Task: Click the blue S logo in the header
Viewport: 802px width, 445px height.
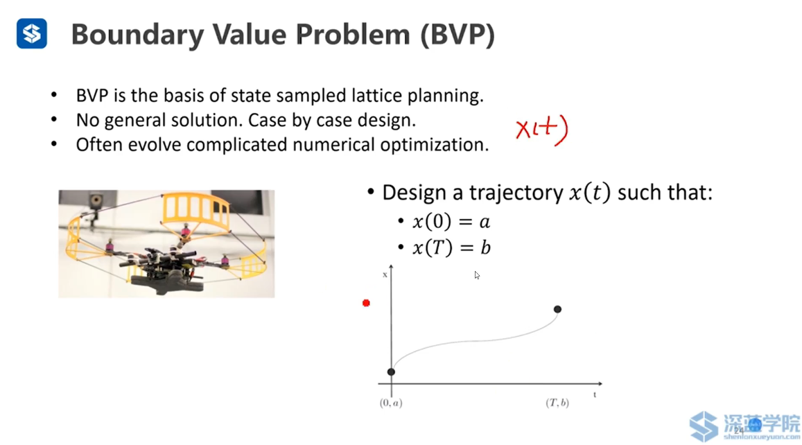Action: click(32, 34)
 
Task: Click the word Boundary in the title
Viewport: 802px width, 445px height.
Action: click(137, 35)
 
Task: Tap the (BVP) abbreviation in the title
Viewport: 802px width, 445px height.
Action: click(457, 35)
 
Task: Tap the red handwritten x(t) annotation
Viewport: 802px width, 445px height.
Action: click(541, 129)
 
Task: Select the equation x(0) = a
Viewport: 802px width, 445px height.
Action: click(451, 222)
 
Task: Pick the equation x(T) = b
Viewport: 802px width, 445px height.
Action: click(452, 248)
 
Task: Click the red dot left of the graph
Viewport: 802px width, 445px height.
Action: click(366, 304)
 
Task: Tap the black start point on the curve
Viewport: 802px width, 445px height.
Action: click(391, 372)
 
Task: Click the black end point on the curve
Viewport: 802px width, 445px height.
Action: click(557, 309)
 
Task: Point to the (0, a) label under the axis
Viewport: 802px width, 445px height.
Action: click(391, 403)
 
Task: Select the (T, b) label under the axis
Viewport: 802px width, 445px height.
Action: click(557, 403)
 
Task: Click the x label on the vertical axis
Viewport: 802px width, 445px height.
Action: click(385, 275)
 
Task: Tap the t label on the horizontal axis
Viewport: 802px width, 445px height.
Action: click(595, 395)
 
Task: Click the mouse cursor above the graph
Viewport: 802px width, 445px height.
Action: click(477, 275)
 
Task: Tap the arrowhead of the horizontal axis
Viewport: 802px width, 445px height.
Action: click(600, 383)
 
